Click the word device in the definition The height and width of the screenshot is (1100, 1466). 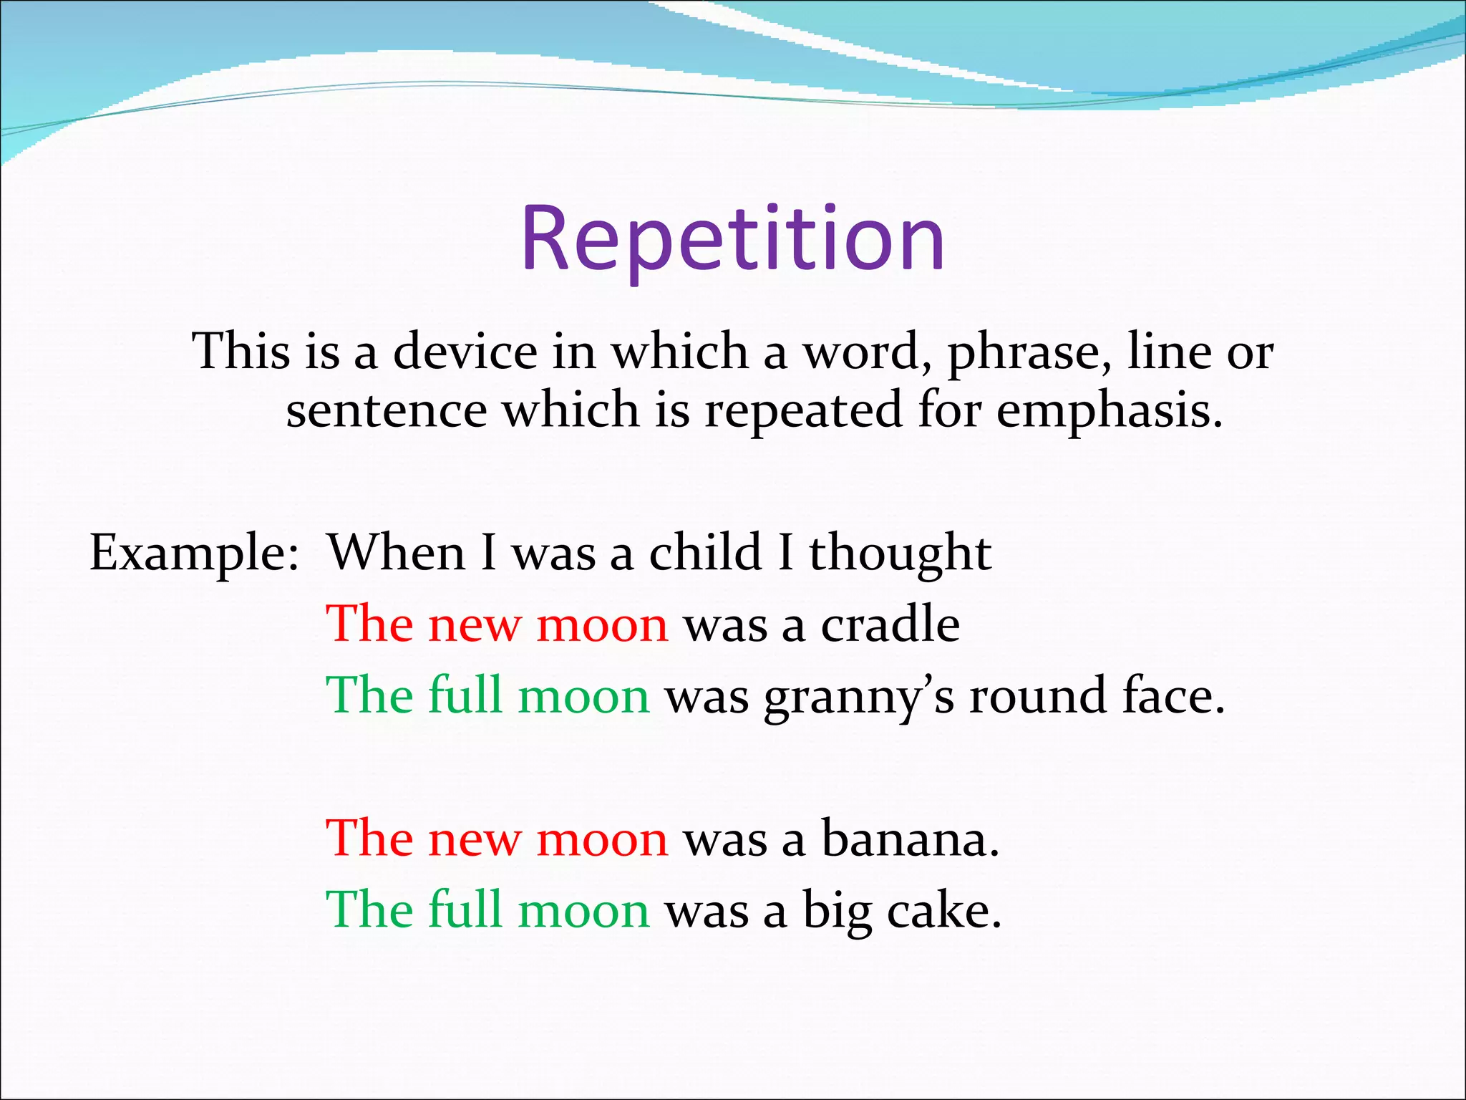pos(465,352)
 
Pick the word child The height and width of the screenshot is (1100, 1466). pos(705,553)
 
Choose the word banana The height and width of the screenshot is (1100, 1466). pos(909,839)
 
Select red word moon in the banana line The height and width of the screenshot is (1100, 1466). pos(602,839)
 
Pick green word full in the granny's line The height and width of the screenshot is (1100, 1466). pos(465,695)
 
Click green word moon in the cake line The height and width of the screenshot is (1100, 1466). pos(583,911)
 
